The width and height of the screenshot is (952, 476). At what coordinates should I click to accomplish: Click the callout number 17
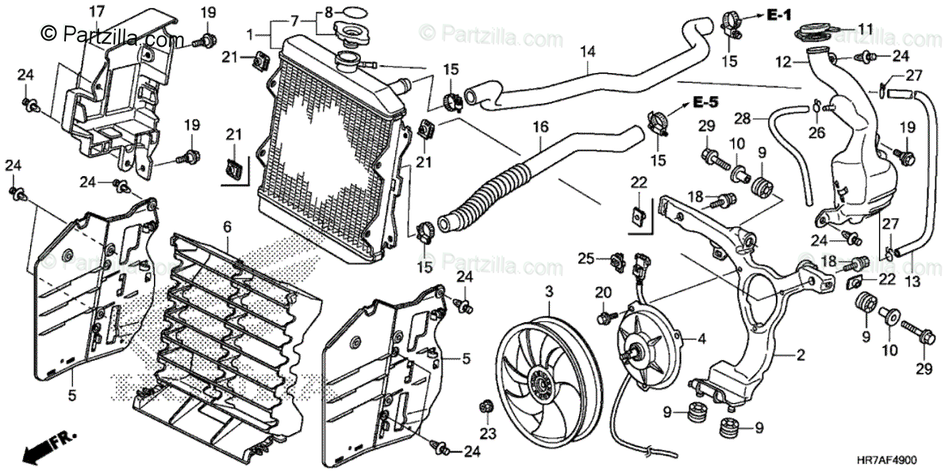click(96, 11)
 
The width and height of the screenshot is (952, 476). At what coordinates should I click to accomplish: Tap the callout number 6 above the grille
click(227, 227)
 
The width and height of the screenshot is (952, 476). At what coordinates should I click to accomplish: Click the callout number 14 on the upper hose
click(587, 52)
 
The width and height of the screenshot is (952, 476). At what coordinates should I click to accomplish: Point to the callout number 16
click(540, 127)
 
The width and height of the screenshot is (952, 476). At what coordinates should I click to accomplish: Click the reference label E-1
click(781, 13)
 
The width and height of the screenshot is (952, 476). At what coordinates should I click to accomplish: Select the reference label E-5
click(704, 102)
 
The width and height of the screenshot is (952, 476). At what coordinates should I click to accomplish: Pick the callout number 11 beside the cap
click(865, 29)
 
